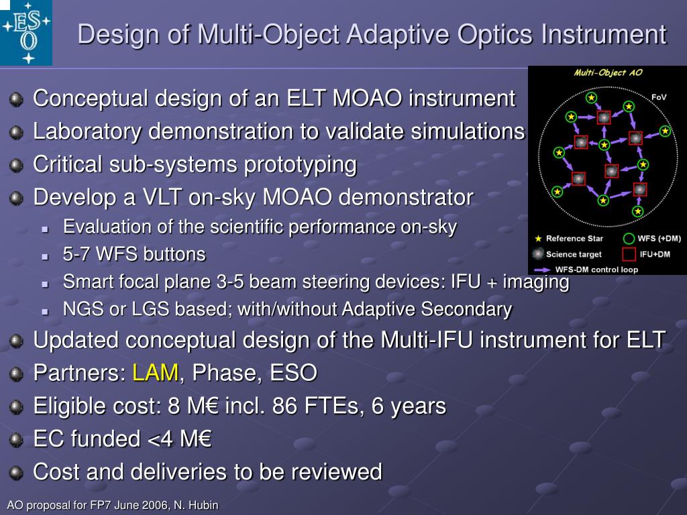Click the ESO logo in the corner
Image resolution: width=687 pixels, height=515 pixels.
pyautogui.click(x=26, y=32)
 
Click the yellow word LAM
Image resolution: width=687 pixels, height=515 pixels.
pyautogui.click(x=156, y=373)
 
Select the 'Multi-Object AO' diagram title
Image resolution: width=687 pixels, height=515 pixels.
pyautogui.click(x=608, y=72)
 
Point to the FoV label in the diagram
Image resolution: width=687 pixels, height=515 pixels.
pyautogui.click(x=659, y=97)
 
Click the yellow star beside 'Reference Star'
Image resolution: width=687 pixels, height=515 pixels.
pyautogui.click(x=539, y=239)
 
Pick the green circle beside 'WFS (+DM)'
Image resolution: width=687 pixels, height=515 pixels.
pyautogui.click(x=629, y=239)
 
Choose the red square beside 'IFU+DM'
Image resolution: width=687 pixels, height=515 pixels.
pyautogui.click(x=629, y=254)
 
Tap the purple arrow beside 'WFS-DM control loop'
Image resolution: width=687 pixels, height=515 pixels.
pyautogui.click(x=542, y=270)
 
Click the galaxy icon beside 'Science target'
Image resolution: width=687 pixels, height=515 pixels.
pyautogui.click(x=537, y=254)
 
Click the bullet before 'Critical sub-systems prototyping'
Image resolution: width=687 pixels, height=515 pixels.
pyautogui.click(x=16, y=165)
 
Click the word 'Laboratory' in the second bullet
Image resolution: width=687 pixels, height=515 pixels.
pyautogui.click(x=87, y=132)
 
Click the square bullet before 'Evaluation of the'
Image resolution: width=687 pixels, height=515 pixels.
pyautogui.click(x=45, y=229)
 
